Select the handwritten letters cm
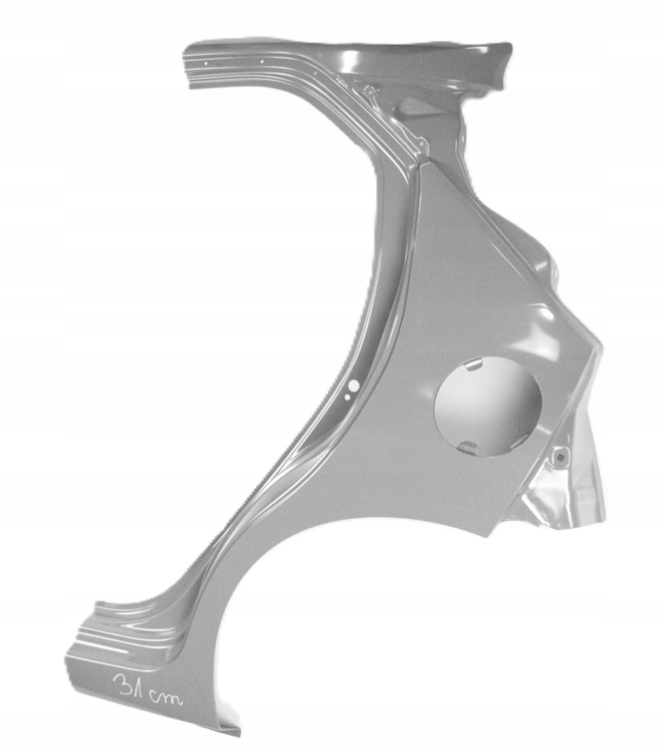[x=164, y=696]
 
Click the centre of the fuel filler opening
[x=488, y=404]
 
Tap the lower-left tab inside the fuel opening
[x=468, y=447]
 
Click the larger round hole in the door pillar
[x=353, y=385]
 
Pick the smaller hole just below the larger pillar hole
[x=347, y=397]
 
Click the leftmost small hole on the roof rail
[x=206, y=63]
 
